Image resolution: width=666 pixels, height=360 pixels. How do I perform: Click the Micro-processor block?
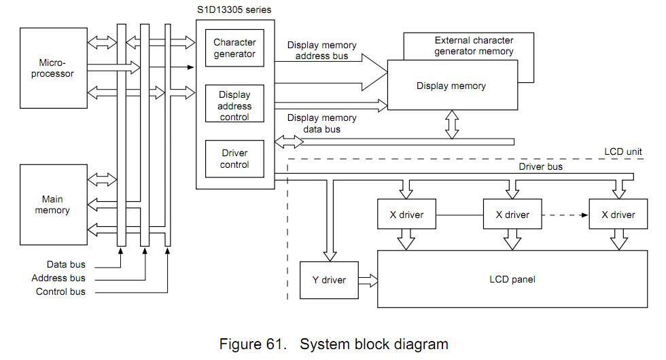[x=53, y=68]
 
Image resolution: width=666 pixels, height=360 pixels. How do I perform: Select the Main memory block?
[x=53, y=204]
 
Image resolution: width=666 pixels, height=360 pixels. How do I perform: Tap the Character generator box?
[x=234, y=48]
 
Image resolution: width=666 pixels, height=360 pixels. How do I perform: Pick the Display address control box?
[x=234, y=106]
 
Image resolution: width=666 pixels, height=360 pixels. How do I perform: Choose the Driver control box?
[x=234, y=158]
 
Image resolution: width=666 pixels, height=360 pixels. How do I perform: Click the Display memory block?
[x=451, y=86]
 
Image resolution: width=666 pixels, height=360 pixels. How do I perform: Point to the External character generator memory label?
[x=474, y=46]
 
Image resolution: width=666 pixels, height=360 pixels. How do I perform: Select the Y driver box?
[x=329, y=280]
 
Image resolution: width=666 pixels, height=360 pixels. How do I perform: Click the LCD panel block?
[x=512, y=278]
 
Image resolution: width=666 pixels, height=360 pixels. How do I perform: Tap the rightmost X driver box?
[x=618, y=215]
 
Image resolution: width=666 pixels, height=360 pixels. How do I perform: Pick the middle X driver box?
[x=512, y=215]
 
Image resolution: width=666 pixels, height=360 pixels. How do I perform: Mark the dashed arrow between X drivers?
[x=565, y=215]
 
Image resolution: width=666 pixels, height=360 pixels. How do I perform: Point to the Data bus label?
[x=66, y=264]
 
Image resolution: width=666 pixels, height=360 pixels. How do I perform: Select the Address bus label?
[x=58, y=278]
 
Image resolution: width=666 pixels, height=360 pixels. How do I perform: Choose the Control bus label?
[x=60, y=291]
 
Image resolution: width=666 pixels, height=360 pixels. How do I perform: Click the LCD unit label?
[x=623, y=152]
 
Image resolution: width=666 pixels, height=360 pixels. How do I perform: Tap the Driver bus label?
[x=540, y=166]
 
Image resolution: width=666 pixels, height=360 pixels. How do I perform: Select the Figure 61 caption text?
[x=334, y=344]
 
